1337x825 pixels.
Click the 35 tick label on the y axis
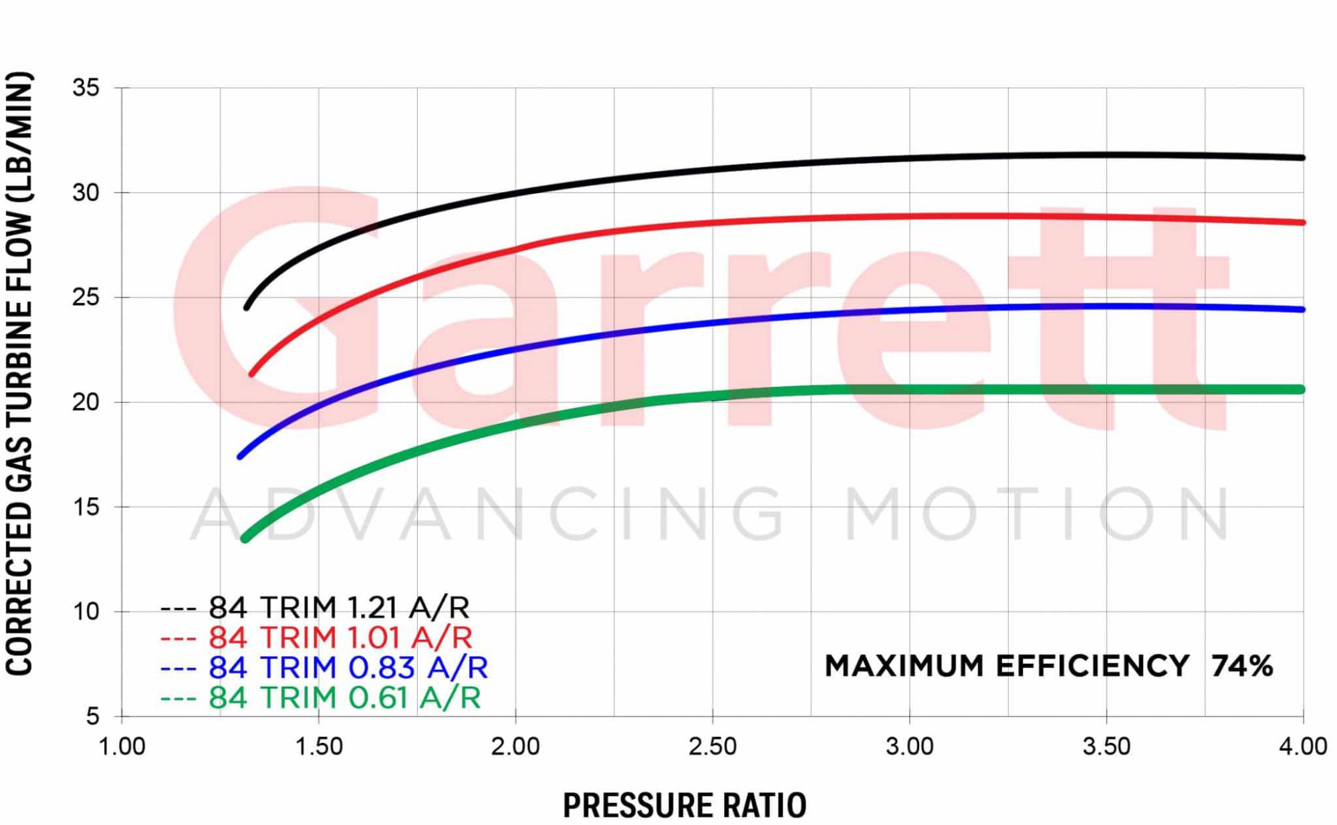[86, 88]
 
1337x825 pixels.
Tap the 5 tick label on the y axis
[92, 716]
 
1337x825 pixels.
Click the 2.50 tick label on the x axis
[712, 746]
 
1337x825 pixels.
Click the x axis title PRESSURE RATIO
[685, 805]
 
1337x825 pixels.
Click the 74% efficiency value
[1241, 666]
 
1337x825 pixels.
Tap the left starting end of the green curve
[245, 538]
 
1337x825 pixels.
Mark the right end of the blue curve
[1302, 310]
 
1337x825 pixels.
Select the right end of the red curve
[1302, 223]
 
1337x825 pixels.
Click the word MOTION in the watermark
[1036, 513]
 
